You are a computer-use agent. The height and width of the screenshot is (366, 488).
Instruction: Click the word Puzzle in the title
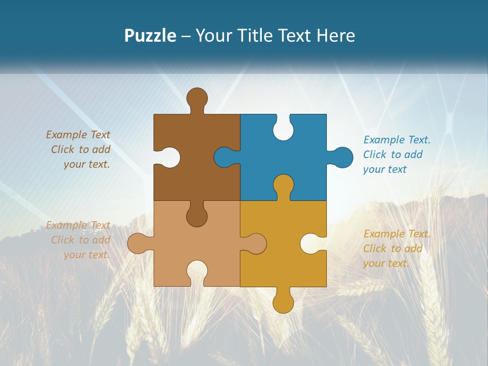click(150, 36)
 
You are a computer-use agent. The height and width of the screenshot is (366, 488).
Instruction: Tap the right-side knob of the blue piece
click(341, 157)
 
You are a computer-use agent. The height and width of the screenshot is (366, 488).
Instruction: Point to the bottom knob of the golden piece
click(283, 302)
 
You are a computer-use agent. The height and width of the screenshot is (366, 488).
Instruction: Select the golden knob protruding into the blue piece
click(283, 185)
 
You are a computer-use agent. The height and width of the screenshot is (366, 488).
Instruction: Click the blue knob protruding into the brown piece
click(225, 157)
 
